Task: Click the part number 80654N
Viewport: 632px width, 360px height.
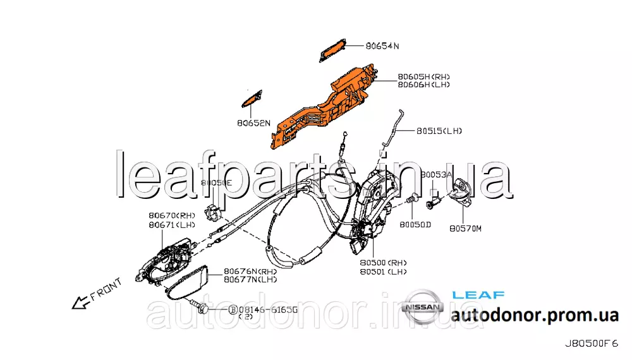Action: point(383,46)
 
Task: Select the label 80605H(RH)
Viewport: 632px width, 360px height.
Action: point(423,76)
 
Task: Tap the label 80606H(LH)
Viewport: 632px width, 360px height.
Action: point(423,85)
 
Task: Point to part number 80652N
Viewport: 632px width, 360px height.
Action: point(255,123)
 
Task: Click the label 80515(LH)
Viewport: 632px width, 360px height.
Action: point(439,131)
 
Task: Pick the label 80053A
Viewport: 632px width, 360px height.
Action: point(437,174)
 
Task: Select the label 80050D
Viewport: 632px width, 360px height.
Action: point(415,224)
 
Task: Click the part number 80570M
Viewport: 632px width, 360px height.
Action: point(465,229)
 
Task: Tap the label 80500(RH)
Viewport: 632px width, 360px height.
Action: point(383,263)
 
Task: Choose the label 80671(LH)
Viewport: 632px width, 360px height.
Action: point(172,224)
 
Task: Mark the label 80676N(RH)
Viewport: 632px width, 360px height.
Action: point(250,270)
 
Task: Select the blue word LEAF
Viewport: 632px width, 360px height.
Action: point(478,295)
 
